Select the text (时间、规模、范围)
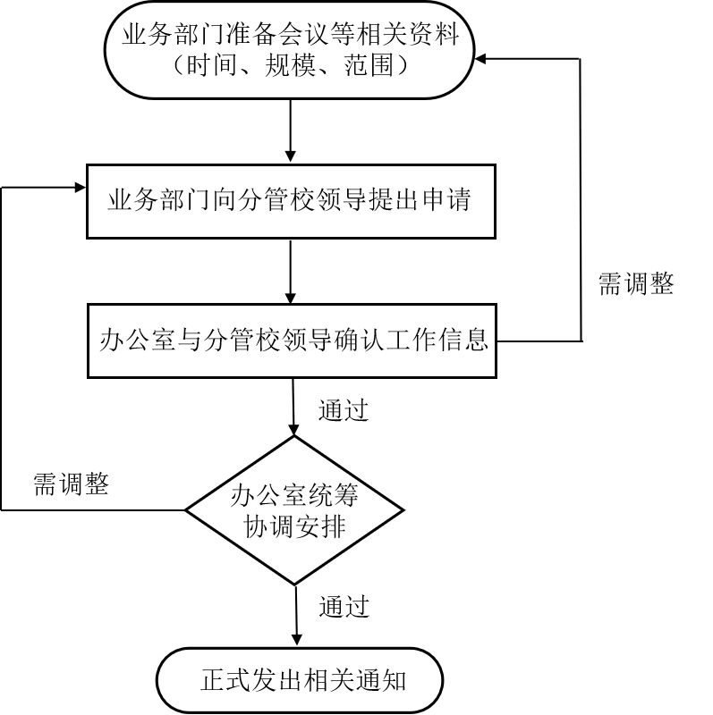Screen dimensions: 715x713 (290, 65)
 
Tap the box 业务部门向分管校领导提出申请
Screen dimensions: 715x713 (290, 200)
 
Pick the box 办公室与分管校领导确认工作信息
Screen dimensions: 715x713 (292, 341)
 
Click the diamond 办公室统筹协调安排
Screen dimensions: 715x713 (294, 510)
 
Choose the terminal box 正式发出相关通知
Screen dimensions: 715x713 (301, 680)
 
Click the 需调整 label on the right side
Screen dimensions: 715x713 (635, 283)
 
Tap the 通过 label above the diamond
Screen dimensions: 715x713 (344, 410)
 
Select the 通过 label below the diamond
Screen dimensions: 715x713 (344, 607)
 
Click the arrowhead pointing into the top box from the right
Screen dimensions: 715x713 (482, 60)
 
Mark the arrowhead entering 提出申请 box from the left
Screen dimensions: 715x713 (80, 188)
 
